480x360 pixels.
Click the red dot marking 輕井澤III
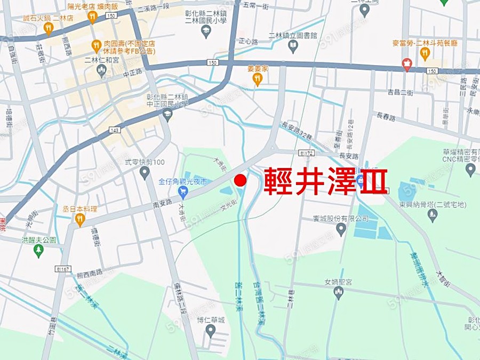241,181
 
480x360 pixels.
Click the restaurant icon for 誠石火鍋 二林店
49,28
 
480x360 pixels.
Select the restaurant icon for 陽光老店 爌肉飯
92,18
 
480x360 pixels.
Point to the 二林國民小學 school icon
205,32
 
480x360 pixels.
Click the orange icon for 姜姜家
257,79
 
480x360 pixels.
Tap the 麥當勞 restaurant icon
425,52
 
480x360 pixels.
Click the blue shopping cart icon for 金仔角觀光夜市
183,191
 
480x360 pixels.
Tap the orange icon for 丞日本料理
80,218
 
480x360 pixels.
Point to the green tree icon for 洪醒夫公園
38,250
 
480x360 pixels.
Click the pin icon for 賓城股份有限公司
341,229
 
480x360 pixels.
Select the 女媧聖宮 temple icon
339,292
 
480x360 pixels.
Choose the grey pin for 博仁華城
211,330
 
